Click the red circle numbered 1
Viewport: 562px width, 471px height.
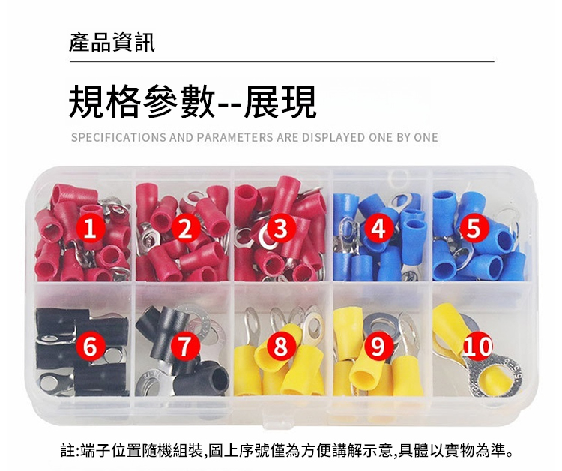click(90, 229)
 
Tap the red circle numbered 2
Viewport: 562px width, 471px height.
click(185, 229)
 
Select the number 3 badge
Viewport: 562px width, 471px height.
click(280, 229)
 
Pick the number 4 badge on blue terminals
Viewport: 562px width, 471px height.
click(378, 229)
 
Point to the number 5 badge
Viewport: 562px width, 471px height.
click(474, 229)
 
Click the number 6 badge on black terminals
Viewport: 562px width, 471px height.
click(90, 346)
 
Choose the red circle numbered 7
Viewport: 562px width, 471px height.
click(185, 346)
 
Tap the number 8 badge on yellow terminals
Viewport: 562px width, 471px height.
click(280, 346)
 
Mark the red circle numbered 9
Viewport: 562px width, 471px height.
click(378, 346)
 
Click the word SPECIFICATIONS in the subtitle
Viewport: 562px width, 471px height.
click(118, 138)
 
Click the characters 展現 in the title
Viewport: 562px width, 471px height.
click(280, 101)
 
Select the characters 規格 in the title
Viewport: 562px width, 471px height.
click(103, 101)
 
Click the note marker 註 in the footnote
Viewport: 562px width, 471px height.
click(67, 451)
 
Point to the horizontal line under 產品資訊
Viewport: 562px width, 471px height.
click(282, 61)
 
